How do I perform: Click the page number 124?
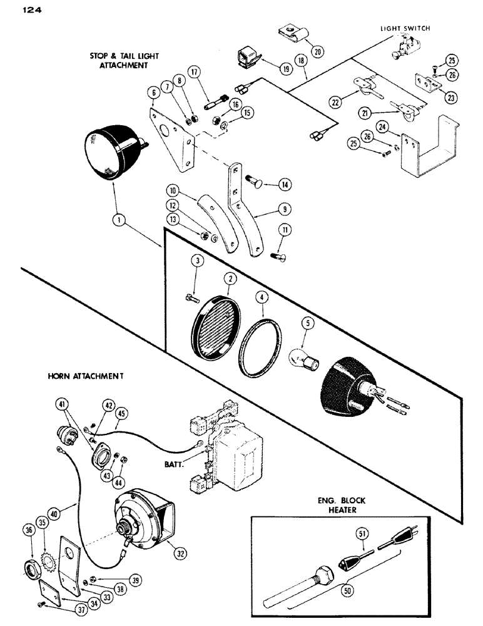24,9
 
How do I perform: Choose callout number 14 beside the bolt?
285,185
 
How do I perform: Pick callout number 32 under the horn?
182,553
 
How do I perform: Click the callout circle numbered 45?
121,413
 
